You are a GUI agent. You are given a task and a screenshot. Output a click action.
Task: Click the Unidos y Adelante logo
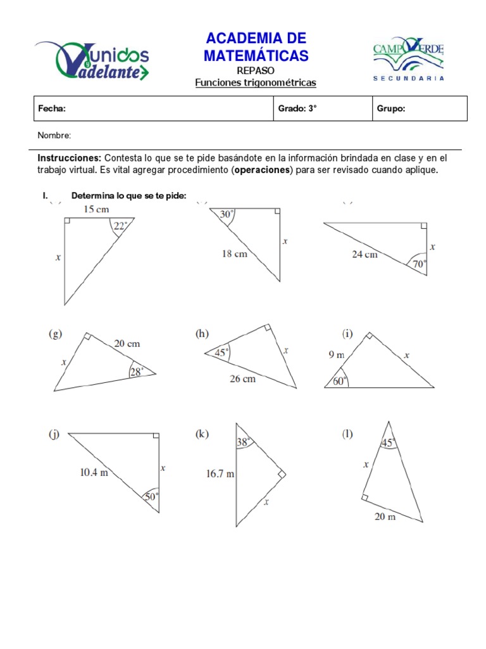[92, 61]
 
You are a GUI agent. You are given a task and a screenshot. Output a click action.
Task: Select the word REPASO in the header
[256, 71]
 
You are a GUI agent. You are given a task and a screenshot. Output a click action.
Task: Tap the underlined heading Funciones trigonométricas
[255, 83]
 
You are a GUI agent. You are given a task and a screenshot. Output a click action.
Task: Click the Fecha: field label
[52, 108]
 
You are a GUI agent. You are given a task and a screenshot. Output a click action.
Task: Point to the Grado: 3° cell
[297, 108]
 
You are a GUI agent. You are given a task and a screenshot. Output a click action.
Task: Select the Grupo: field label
[391, 108]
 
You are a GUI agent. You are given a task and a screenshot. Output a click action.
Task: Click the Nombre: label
[54, 135]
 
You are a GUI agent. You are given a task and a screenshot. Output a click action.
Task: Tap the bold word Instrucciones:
[70, 158]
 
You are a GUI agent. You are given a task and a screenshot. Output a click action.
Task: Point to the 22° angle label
[120, 226]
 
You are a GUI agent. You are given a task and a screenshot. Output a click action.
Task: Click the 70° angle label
[419, 263]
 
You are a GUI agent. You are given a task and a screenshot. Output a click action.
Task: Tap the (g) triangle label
[56, 334]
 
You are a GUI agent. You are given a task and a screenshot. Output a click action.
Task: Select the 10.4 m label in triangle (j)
[94, 472]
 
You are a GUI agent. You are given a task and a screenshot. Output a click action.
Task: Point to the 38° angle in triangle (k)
[244, 443]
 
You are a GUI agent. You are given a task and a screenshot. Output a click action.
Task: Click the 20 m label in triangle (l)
[385, 517]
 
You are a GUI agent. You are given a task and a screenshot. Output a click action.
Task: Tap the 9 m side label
[335, 355]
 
